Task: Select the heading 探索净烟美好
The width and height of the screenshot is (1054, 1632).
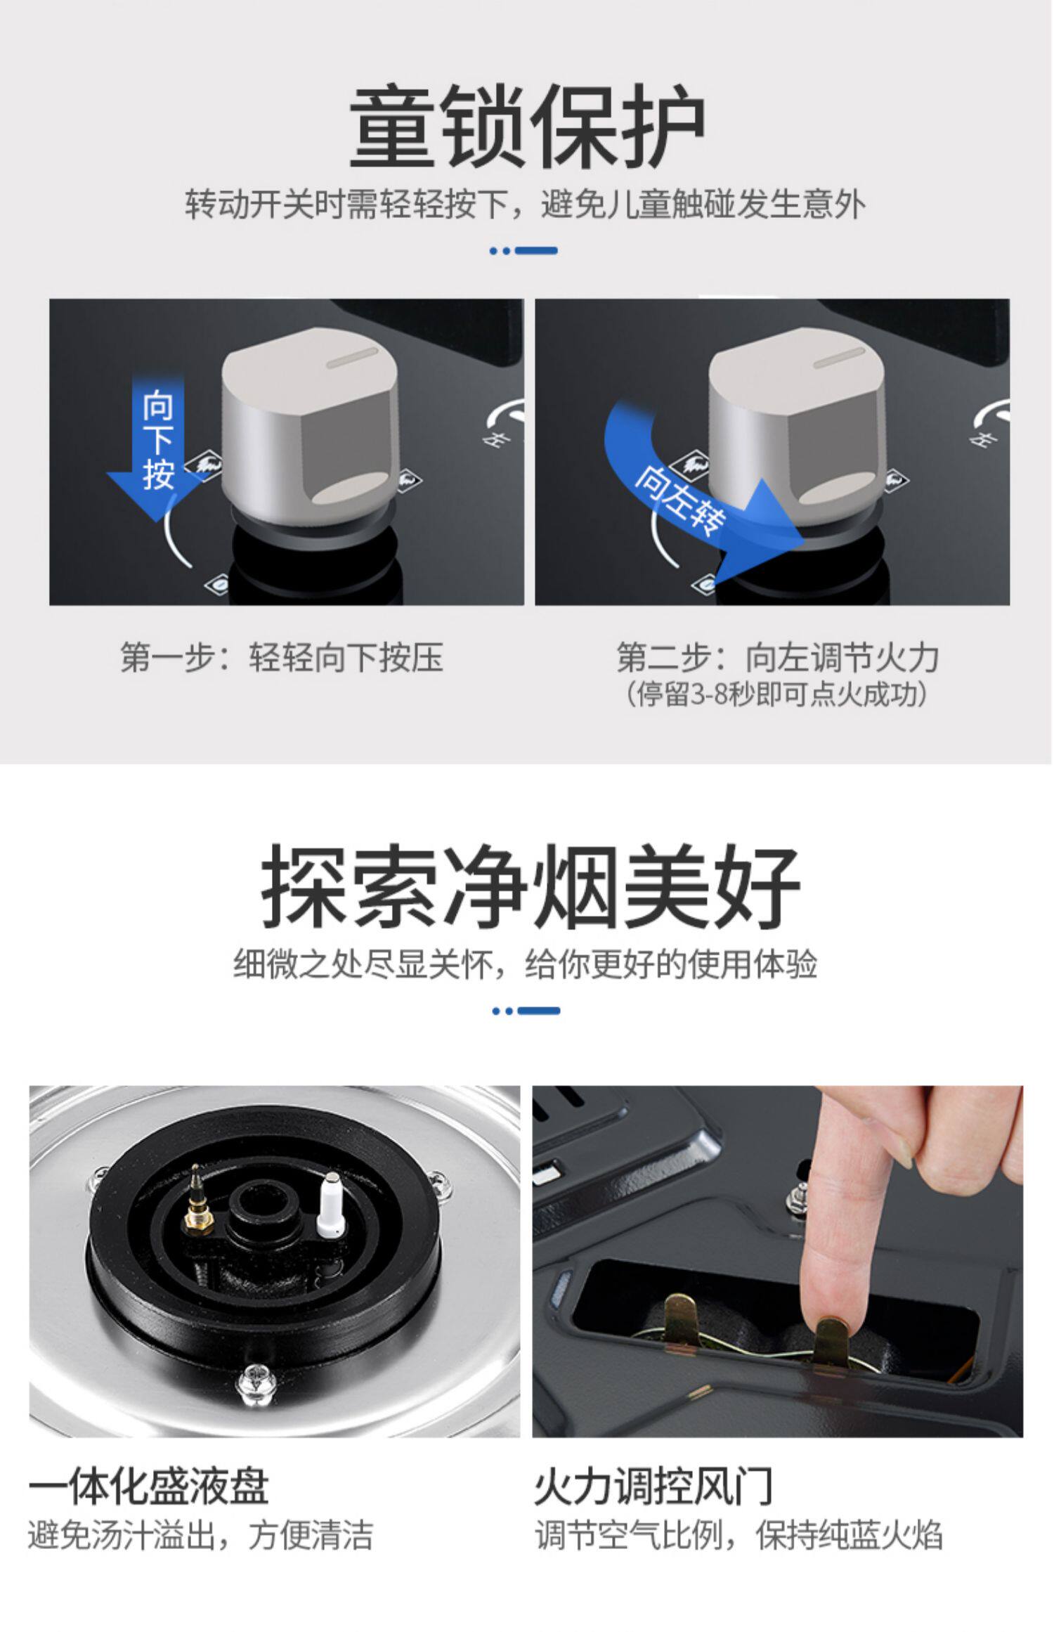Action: tap(531, 886)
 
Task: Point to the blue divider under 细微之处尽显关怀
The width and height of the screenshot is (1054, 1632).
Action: tap(527, 1011)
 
